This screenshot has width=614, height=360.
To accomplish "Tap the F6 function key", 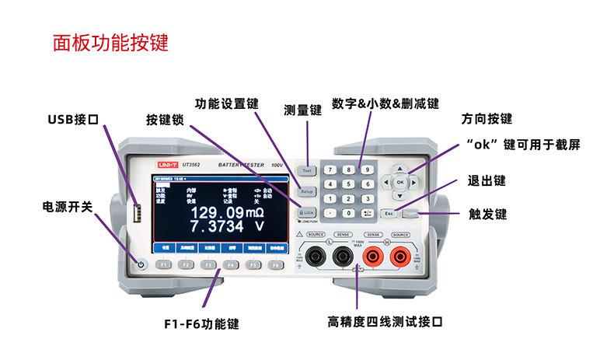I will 276,265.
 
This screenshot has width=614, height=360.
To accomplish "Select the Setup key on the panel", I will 307,191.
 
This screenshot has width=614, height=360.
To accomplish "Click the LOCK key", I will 307,212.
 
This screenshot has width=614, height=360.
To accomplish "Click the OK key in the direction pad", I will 400,181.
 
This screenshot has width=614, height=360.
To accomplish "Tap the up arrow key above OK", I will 400,166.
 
